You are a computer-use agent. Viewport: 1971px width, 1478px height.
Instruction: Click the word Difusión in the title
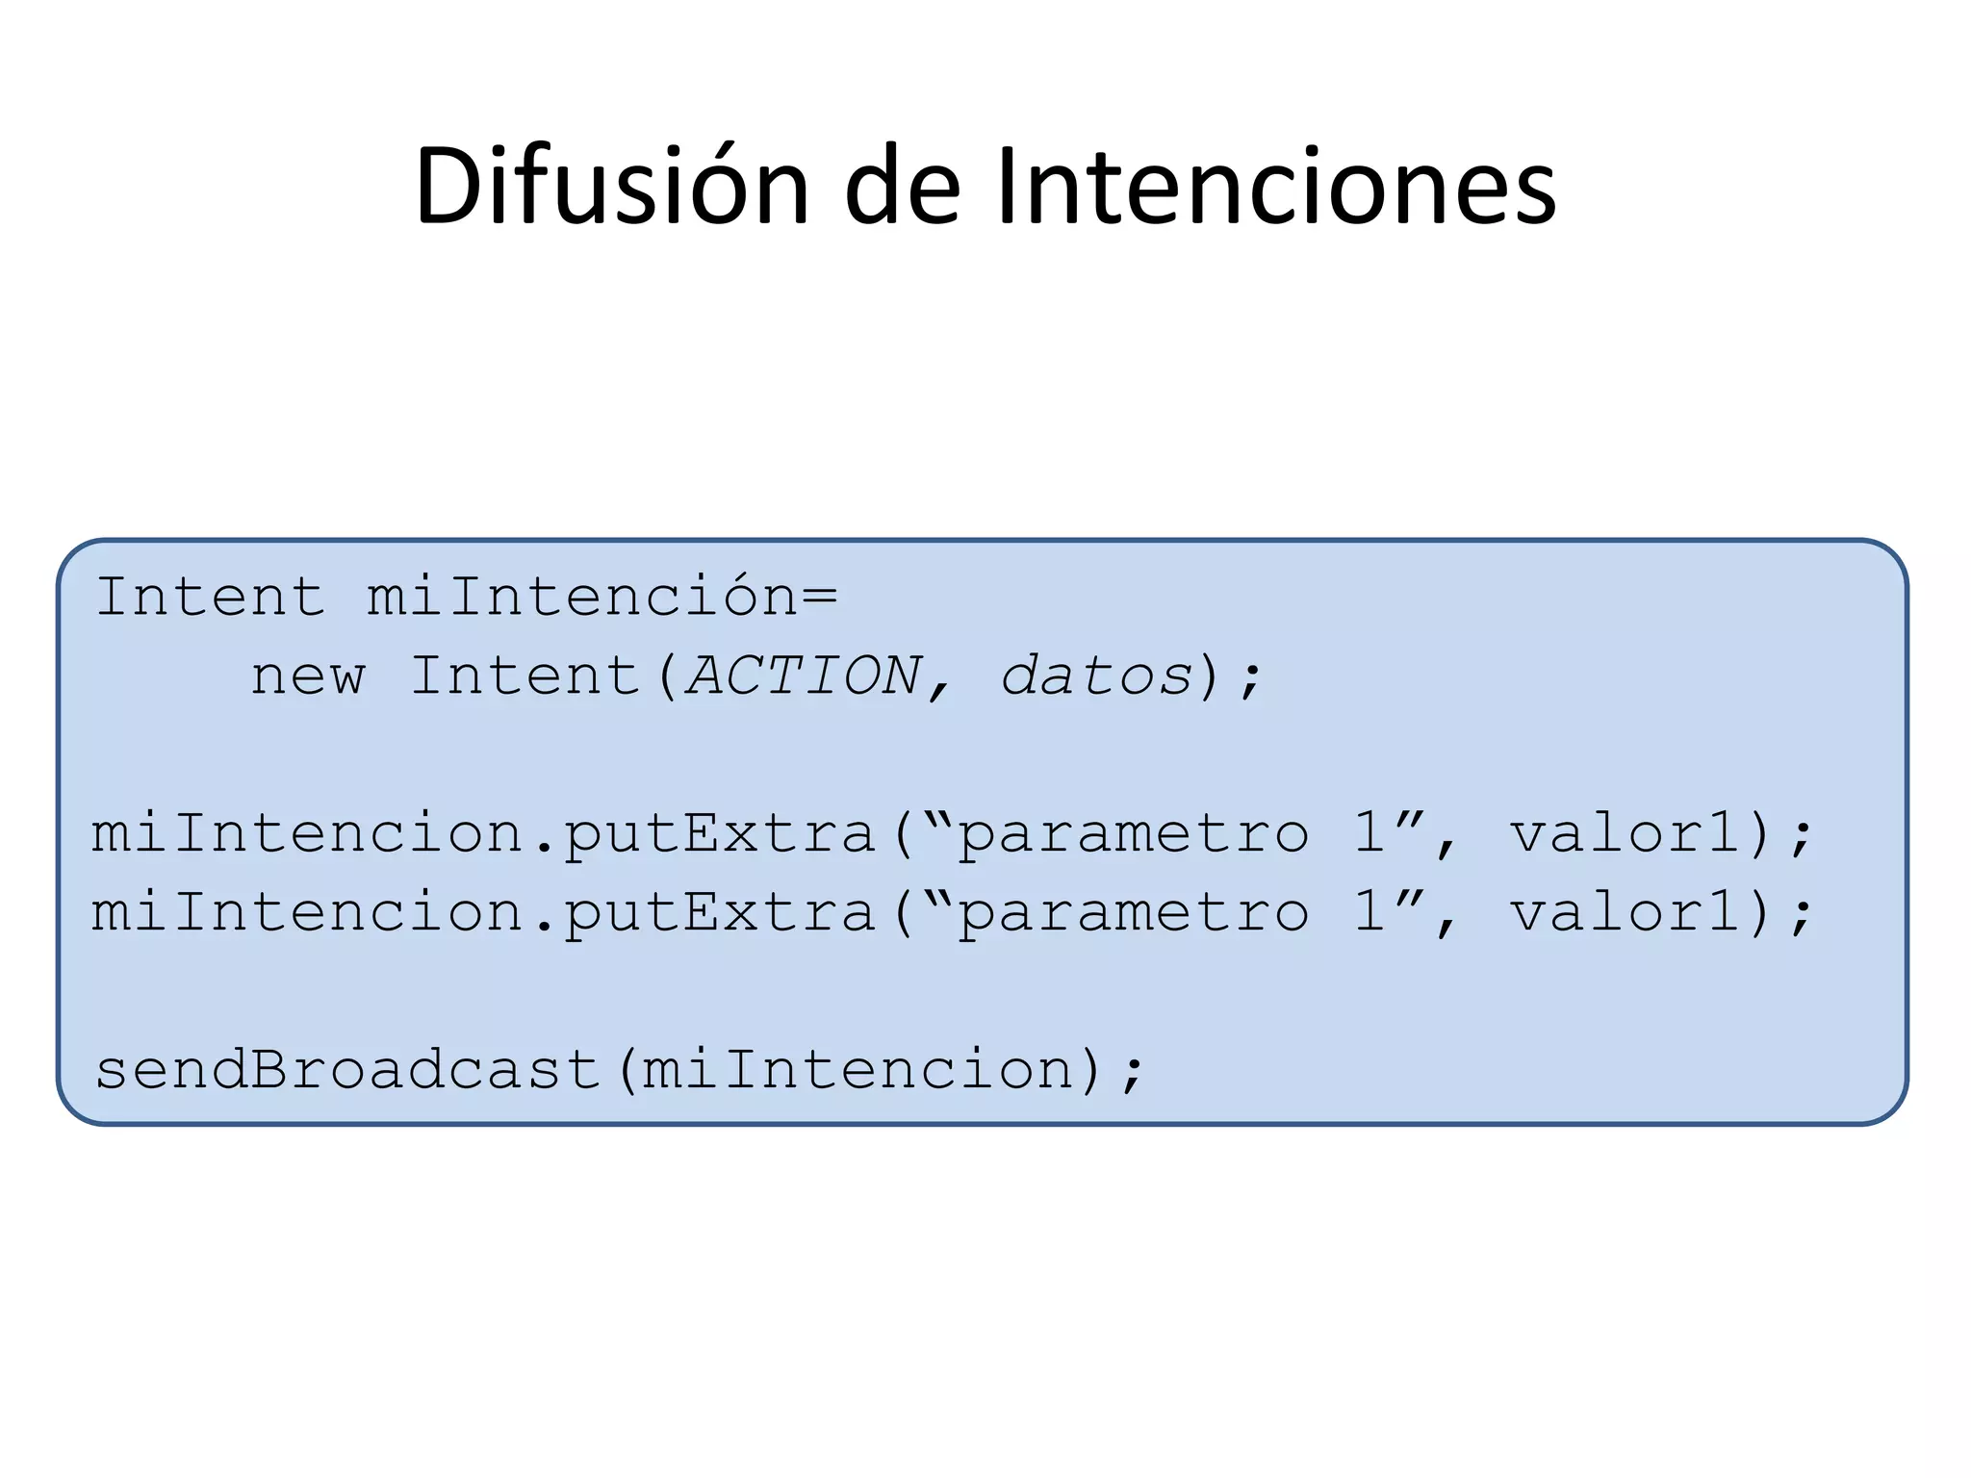(x=611, y=187)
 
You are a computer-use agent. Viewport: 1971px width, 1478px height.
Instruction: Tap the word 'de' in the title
(x=902, y=187)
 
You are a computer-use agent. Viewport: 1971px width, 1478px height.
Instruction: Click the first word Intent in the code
(x=210, y=598)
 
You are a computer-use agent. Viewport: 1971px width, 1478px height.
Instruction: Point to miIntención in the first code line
(x=581, y=598)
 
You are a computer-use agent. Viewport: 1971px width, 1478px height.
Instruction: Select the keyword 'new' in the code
(x=308, y=676)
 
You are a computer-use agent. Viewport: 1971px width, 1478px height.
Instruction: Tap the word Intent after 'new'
(x=525, y=676)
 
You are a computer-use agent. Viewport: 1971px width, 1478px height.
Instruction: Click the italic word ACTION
(x=805, y=676)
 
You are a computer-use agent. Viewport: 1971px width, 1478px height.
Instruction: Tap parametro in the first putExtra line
(x=1134, y=834)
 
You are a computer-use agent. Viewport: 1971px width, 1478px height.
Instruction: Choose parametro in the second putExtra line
(x=1134, y=913)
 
